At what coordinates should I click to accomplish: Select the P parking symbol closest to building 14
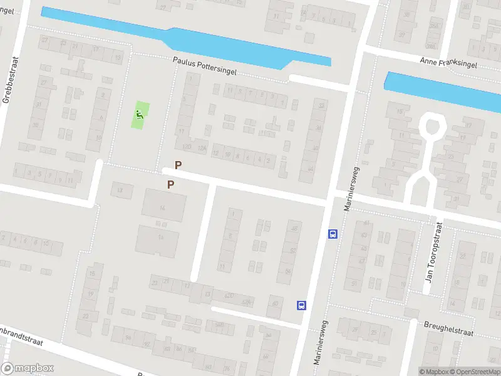[x=170, y=184]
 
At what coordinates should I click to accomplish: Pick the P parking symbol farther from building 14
[x=178, y=165]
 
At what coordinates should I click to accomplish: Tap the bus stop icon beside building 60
[x=301, y=305]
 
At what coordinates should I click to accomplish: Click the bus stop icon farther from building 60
[x=332, y=234]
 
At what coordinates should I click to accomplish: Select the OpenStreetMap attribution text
[x=475, y=372]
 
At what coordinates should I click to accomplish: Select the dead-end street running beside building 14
[x=202, y=232]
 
